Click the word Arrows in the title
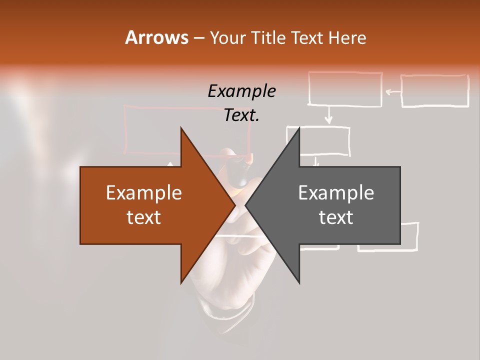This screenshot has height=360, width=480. (156, 37)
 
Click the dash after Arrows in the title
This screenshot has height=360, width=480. (198, 38)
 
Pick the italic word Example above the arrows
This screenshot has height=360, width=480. (241, 91)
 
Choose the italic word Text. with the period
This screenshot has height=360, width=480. (241, 115)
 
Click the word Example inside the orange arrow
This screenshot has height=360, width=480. (143, 193)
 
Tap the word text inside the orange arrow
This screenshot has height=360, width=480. (143, 217)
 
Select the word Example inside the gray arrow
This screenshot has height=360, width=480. (336, 193)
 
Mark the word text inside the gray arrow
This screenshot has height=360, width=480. (336, 217)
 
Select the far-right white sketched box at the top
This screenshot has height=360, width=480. (434, 91)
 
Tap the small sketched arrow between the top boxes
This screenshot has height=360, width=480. (392, 91)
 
